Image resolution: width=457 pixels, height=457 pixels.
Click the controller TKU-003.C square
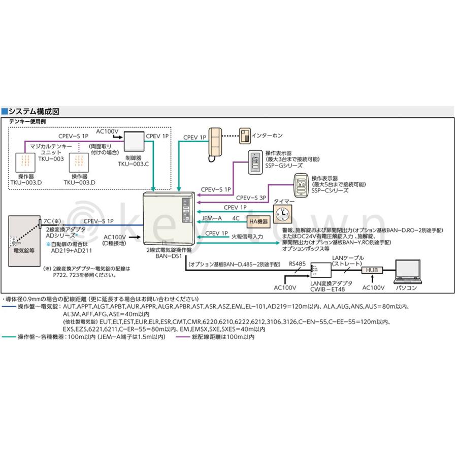click(136, 141)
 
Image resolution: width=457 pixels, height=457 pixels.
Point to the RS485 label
click(297, 264)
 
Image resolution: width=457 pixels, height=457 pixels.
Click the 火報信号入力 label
click(247, 236)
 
